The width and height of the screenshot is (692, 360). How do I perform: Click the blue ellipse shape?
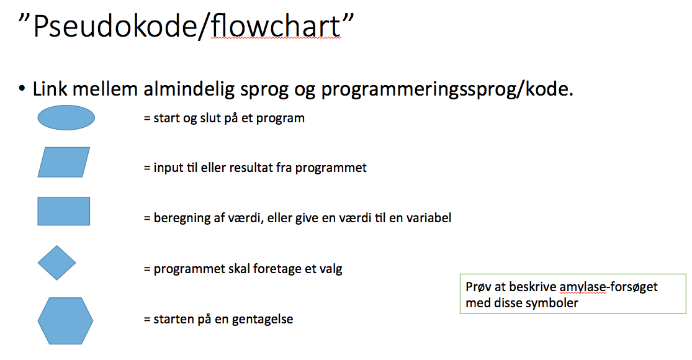pos(66,118)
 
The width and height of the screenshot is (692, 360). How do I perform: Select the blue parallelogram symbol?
pos(63,163)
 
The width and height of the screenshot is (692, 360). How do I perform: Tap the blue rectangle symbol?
pos(63,211)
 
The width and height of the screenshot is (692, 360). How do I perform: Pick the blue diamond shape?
pos(57,263)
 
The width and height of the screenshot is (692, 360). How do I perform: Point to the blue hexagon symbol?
pos(65,321)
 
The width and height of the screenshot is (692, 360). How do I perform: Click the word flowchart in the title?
pos(276,25)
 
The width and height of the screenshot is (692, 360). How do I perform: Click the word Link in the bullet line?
pos(50,89)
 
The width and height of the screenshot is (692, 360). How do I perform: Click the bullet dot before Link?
pos(22,89)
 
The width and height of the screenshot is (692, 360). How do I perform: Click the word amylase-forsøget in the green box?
pos(608,287)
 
